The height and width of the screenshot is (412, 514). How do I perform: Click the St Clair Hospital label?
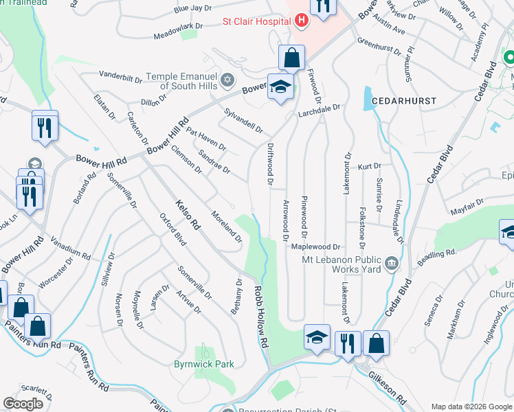pos(254,21)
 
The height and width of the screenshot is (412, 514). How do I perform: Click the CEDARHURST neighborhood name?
pos(404,101)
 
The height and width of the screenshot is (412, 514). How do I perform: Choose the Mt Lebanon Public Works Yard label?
pos(341,264)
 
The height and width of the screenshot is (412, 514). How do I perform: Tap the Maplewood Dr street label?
pos(316,246)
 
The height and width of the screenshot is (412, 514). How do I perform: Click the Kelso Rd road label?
pos(187,214)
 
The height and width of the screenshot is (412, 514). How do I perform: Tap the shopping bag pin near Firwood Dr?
pos(291,58)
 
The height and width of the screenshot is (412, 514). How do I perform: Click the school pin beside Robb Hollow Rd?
pos(317,337)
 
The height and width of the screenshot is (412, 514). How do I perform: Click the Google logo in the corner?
pos(24,404)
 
